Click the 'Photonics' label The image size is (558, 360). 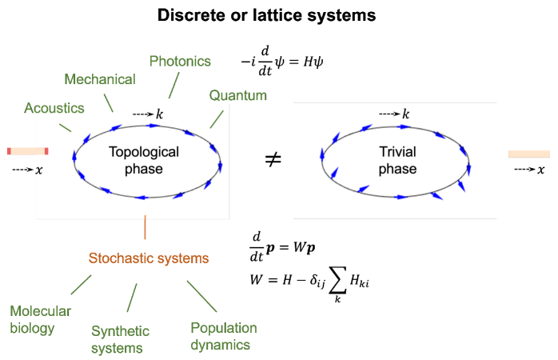[180, 61]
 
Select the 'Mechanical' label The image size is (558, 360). [100, 79]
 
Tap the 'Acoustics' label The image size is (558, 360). [54, 108]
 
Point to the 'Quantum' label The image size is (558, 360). [237, 96]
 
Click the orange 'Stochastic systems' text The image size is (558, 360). [149, 258]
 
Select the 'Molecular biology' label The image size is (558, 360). [40, 319]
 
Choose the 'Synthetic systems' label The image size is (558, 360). [120, 339]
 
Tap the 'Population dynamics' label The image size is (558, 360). [223, 336]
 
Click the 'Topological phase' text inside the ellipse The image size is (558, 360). [144, 160]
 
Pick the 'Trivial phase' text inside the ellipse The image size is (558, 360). [397, 160]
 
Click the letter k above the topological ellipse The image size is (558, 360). [159, 114]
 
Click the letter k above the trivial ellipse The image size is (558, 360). [405, 114]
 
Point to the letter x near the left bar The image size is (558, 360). [39, 170]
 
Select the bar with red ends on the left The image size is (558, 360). [28, 151]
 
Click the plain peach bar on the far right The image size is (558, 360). [528, 154]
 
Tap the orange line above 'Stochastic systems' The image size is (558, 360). [145, 228]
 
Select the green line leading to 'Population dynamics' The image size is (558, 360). [202, 296]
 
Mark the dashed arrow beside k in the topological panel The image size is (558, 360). [142, 114]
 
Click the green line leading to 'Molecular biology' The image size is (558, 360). [81, 285]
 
